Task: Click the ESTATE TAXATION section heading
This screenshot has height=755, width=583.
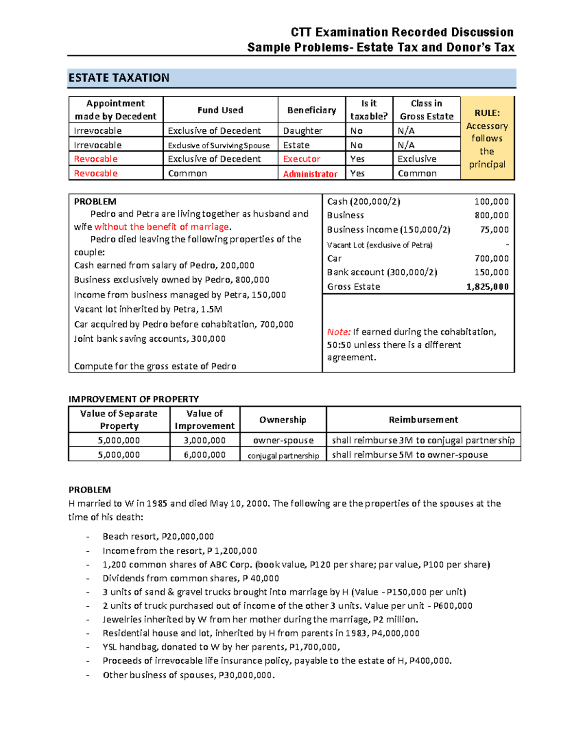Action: point(119,78)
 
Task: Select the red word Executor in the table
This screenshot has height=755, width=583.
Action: point(302,159)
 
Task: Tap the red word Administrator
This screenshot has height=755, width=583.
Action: point(310,174)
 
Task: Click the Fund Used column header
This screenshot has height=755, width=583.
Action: point(220,110)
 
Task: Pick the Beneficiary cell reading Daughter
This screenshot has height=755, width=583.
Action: point(303,131)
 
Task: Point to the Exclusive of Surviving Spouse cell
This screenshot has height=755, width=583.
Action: point(219,145)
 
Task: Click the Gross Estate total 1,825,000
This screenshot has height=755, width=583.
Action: point(487,287)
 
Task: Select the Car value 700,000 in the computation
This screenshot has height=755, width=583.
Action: point(491,259)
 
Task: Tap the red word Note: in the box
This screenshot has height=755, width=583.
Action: point(339,332)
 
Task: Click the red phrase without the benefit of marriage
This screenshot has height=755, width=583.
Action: point(162,227)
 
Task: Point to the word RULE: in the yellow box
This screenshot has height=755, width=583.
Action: point(487,113)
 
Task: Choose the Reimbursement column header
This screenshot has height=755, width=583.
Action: point(423,420)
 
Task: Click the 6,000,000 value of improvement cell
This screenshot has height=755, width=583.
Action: point(205,455)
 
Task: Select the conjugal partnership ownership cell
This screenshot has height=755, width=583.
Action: point(283,456)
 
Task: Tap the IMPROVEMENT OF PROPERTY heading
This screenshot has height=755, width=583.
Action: point(134,399)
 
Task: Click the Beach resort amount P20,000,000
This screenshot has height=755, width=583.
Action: point(188,537)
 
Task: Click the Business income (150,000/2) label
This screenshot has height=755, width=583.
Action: point(389,230)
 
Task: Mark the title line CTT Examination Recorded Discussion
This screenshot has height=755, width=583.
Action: point(402,33)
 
